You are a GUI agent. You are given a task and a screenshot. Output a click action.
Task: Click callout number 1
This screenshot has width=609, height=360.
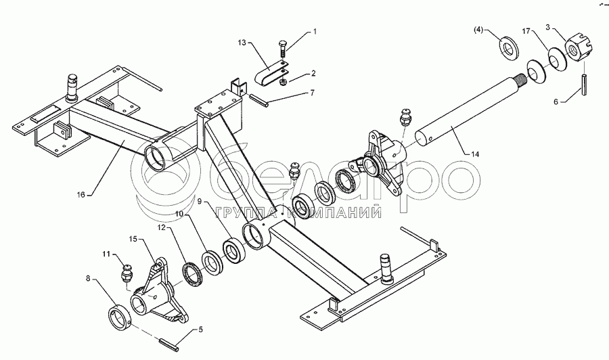click(313, 31)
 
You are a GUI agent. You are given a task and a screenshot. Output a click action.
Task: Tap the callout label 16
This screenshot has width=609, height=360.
click(81, 194)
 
